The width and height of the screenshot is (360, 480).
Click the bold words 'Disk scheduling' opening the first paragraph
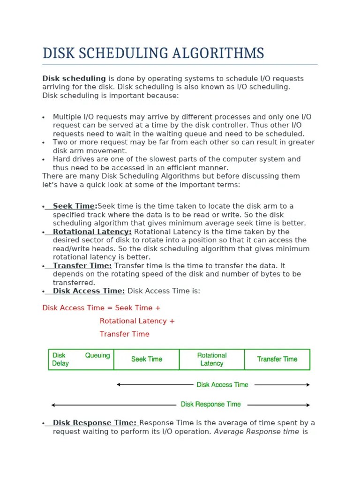(x=74, y=79)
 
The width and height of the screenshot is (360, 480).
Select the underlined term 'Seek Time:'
(x=75, y=206)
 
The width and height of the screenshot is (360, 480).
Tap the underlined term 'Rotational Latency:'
(x=92, y=232)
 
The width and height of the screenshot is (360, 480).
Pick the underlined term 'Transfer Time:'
(x=82, y=266)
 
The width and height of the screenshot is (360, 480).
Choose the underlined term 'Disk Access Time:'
(x=89, y=291)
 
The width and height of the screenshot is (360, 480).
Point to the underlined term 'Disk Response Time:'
(x=94, y=423)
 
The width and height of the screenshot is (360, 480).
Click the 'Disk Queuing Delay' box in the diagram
(x=81, y=360)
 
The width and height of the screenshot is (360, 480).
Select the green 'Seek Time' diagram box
(x=146, y=360)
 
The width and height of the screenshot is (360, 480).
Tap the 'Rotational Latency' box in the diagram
(x=212, y=360)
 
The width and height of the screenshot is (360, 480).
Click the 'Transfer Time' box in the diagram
(x=277, y=360)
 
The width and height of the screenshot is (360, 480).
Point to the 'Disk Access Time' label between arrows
(x=222, y=385)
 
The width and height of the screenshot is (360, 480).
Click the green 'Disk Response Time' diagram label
(x=210, y=405)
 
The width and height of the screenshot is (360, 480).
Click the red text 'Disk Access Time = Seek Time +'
(x=101, y=308)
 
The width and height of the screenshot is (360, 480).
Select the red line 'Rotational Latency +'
(x=137, y=321)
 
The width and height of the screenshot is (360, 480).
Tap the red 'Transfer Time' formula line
(x=124, y=334)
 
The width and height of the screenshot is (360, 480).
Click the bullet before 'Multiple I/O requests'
(x=43, y=117)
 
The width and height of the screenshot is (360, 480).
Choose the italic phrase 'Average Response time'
(x=256, y=432)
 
